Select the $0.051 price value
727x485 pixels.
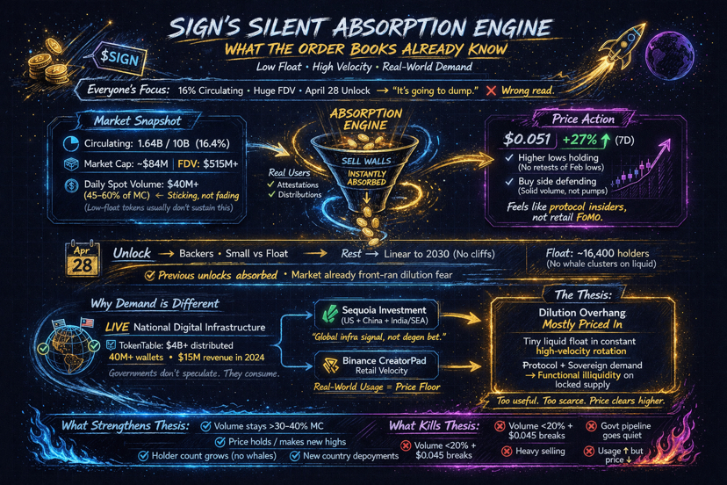[527, 140]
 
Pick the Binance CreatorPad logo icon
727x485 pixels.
[331, 365]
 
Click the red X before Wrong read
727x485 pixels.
[489, 90]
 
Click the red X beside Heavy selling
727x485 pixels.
[507, 452]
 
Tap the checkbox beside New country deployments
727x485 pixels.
[296, 457]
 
